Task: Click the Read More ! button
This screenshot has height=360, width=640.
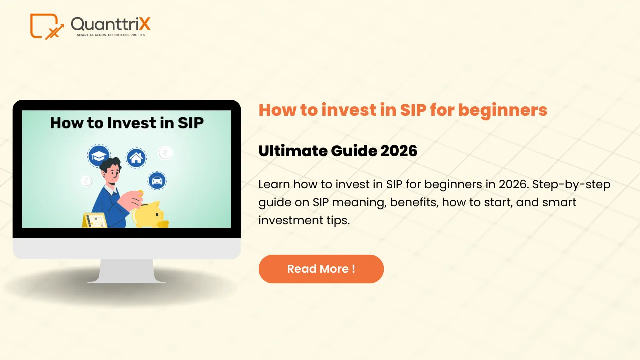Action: (x=321, y=269)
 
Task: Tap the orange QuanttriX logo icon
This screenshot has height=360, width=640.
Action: (x=46, y=26)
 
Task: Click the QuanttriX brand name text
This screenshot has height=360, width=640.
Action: (x=110, y=24)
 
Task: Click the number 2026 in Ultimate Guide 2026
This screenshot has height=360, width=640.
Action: (x=398, y=151)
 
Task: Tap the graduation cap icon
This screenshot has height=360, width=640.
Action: (x=99, y=156)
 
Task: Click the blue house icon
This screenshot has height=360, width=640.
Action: (x=136, y=158)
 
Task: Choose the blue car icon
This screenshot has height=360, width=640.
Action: (x=157, y=180)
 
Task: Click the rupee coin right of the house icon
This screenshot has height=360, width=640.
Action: (x=165, y=153)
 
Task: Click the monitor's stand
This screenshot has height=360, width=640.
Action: (x=127, y=271)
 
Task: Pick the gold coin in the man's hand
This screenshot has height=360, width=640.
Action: (x=140, y=193)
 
